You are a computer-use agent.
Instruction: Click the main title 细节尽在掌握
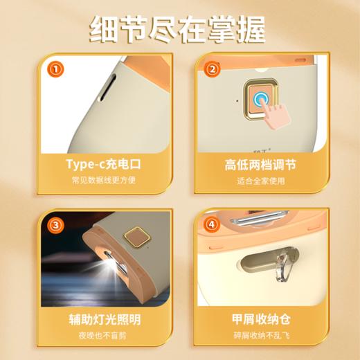pyautogui.click(x=179, y=30)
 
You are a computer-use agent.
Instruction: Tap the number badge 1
pyautogui.click(x=55, y=69)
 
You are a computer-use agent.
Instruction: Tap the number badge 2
pyautogui.click(x=214, y=69)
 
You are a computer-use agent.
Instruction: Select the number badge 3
pyautogui.click(x=55, y=225)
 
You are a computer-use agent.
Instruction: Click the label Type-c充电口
pyautogui.click(x=102, y=164)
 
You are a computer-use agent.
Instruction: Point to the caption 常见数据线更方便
pyautogui.click(x=102, y=181)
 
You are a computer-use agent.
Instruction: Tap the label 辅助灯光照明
pyautogui.click(x=102, y=320)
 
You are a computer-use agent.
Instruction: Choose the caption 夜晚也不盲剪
pyautogui.click(x=102, y=338)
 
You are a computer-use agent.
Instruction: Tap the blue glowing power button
pyautogui.click(x=262, y=100)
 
